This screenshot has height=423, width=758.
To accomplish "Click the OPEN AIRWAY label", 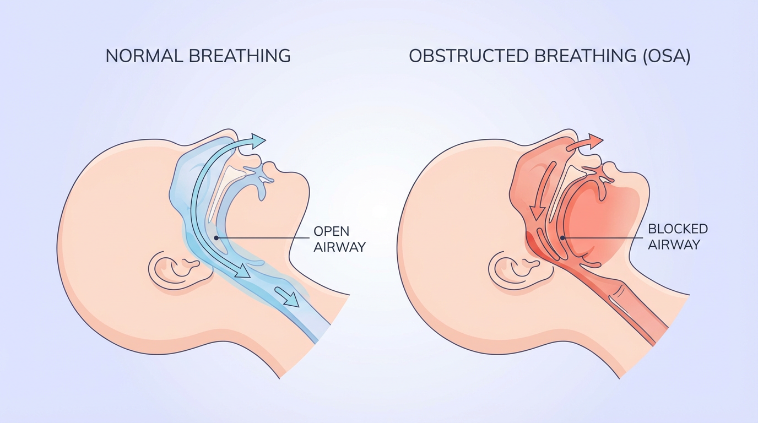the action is click(x=339, y=238).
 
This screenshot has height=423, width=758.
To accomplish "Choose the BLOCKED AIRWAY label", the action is click(x=677, y=236).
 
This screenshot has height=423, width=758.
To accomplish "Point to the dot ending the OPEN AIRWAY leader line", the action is click(x=216, y=238).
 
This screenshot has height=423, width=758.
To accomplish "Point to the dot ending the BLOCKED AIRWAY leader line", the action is click(x=562, y=237).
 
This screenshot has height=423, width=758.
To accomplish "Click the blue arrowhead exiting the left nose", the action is click(x=257, y=140).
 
